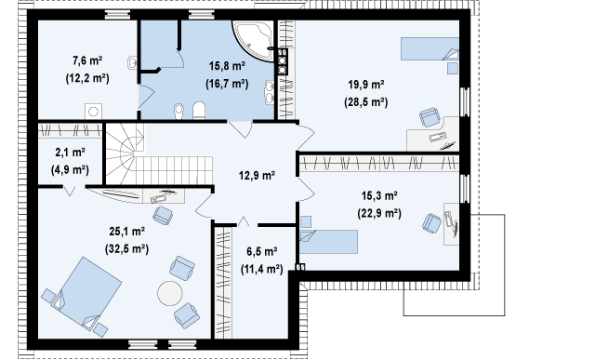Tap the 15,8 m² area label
pyautogui.click(x=227, y=66)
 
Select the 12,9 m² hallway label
pyautogui.click(x=257, y=176)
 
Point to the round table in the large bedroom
pyautogui.click(x=170, y=293)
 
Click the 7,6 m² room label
pyautogui.click(x=87, y=60)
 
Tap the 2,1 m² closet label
pyautogui.click(x=71, y=153)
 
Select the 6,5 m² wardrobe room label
pyautogui.click(x=262, y=251)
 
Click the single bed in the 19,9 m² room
pyautogui.click(x=430, y=48)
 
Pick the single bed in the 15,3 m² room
pyautogui.click(x=328, y=242)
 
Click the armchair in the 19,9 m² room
pyautogui.click(x=430, y=117)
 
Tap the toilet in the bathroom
pyautogui.click(x=199, y=111)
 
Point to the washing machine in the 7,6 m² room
pyautogui.click(x=93, y=112)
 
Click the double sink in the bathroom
pyautogui.click(x=270, y=92)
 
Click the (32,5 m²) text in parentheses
pyautogui.click(x=126, y=249)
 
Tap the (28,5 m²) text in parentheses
pyautogui.click(x=366, y=102)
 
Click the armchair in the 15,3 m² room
pyautogui.click(x=431, y=223)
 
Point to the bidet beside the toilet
pyautogui.click(x=178, y=112)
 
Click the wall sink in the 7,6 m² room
pyautogui.click(x=132, y=62)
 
